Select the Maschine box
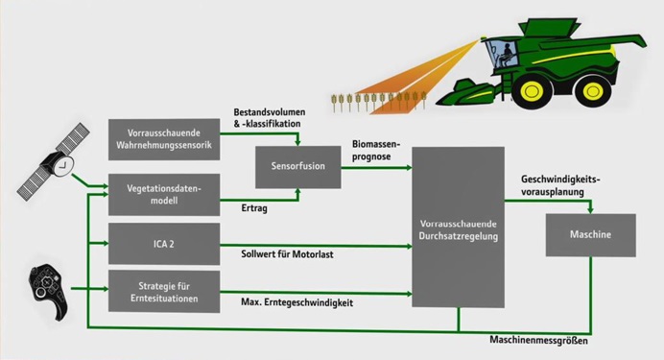[x=590, y=235]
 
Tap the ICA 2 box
[x=164, y=243]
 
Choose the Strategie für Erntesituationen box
[x=164, y=290]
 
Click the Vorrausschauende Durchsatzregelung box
[x=458, y=228]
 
